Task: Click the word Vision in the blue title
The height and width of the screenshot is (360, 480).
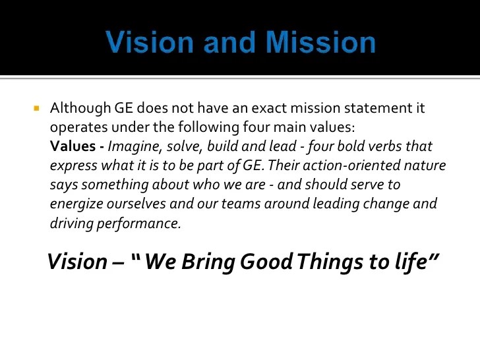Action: point(150,42)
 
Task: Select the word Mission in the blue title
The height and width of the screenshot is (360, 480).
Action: point(320,42)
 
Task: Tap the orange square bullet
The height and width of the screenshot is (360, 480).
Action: point(37,108)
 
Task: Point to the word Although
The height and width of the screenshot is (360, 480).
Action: point(80,108)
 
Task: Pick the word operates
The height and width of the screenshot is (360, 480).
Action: point(78,128)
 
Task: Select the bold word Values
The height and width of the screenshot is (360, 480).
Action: point(73,146)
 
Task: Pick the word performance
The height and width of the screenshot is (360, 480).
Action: point(138,224)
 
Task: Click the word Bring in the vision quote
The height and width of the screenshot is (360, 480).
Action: point(208,262)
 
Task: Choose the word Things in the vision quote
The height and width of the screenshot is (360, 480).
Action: point(330,262)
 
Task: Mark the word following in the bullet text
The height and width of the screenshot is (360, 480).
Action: point(208,128)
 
